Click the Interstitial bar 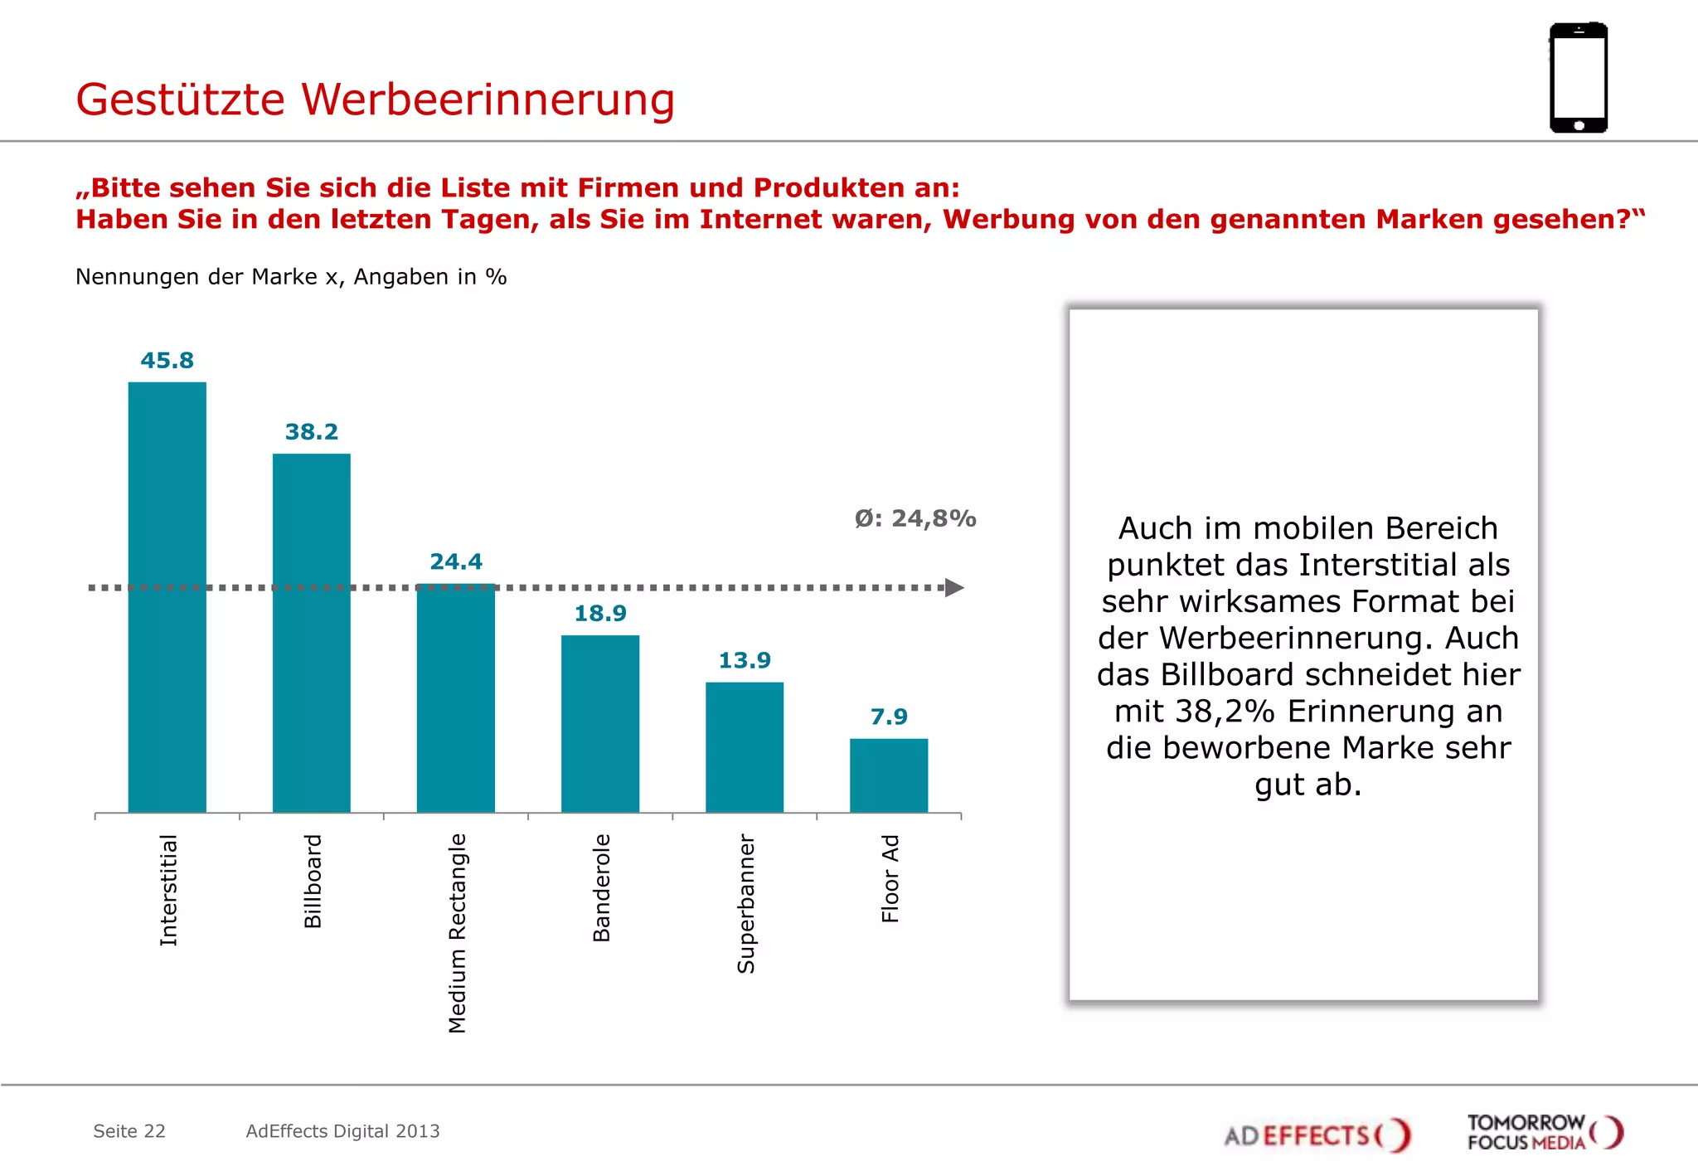click(x=167, y=597)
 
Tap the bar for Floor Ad click(x=888, y=775)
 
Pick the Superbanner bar click(x=744, y=747)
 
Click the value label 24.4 click(x=455, y=561)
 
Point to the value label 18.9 click(x=599, y=614)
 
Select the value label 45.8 click(x=167, y=361)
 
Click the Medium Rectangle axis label click(x=457, y=933)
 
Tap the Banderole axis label click(x=601, y=887)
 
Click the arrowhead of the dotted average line click(x=954, y=588)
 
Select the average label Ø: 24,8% click(x=915, y=518)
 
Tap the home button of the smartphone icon click(x=1579, y=126)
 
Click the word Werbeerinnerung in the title click(x=488, y=100)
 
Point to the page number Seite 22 click(x=129, y=1131)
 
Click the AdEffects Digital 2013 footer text click(x=342, y=1131)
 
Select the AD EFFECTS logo click(x=1317, y=1135)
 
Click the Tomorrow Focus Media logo click(x=1544, y=1132)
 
